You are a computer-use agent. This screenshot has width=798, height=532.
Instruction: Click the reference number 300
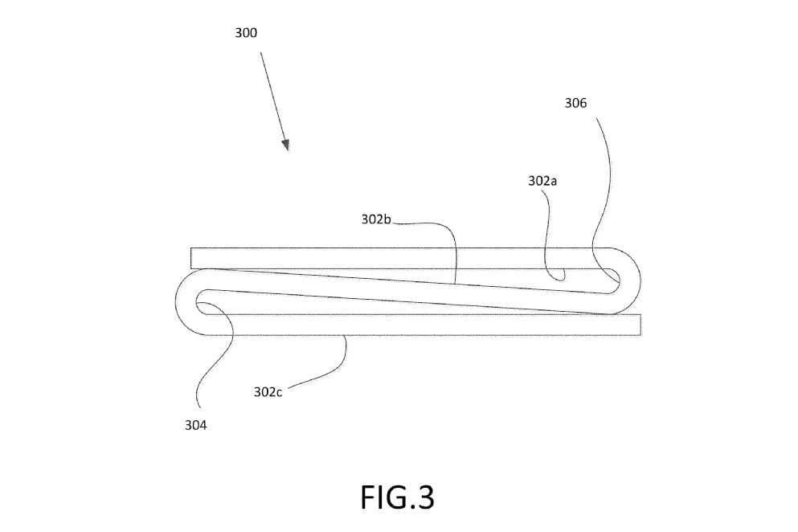coord(246,33)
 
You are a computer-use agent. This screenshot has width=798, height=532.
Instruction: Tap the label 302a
coord(542,182)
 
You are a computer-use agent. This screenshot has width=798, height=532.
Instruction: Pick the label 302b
coord(374,219)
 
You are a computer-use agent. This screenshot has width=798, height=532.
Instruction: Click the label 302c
coord(268,392)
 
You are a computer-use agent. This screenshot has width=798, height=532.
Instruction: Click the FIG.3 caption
coord(397,497)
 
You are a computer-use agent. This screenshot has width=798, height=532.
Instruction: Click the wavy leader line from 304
coord(213,354)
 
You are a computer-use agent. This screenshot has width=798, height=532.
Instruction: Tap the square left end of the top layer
coord(194,258)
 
